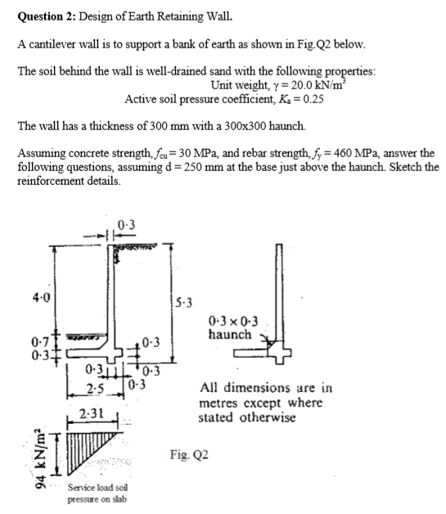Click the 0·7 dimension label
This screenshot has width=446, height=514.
(x=27, y=343)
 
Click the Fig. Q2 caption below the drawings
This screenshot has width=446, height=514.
(x=189, y=453)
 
